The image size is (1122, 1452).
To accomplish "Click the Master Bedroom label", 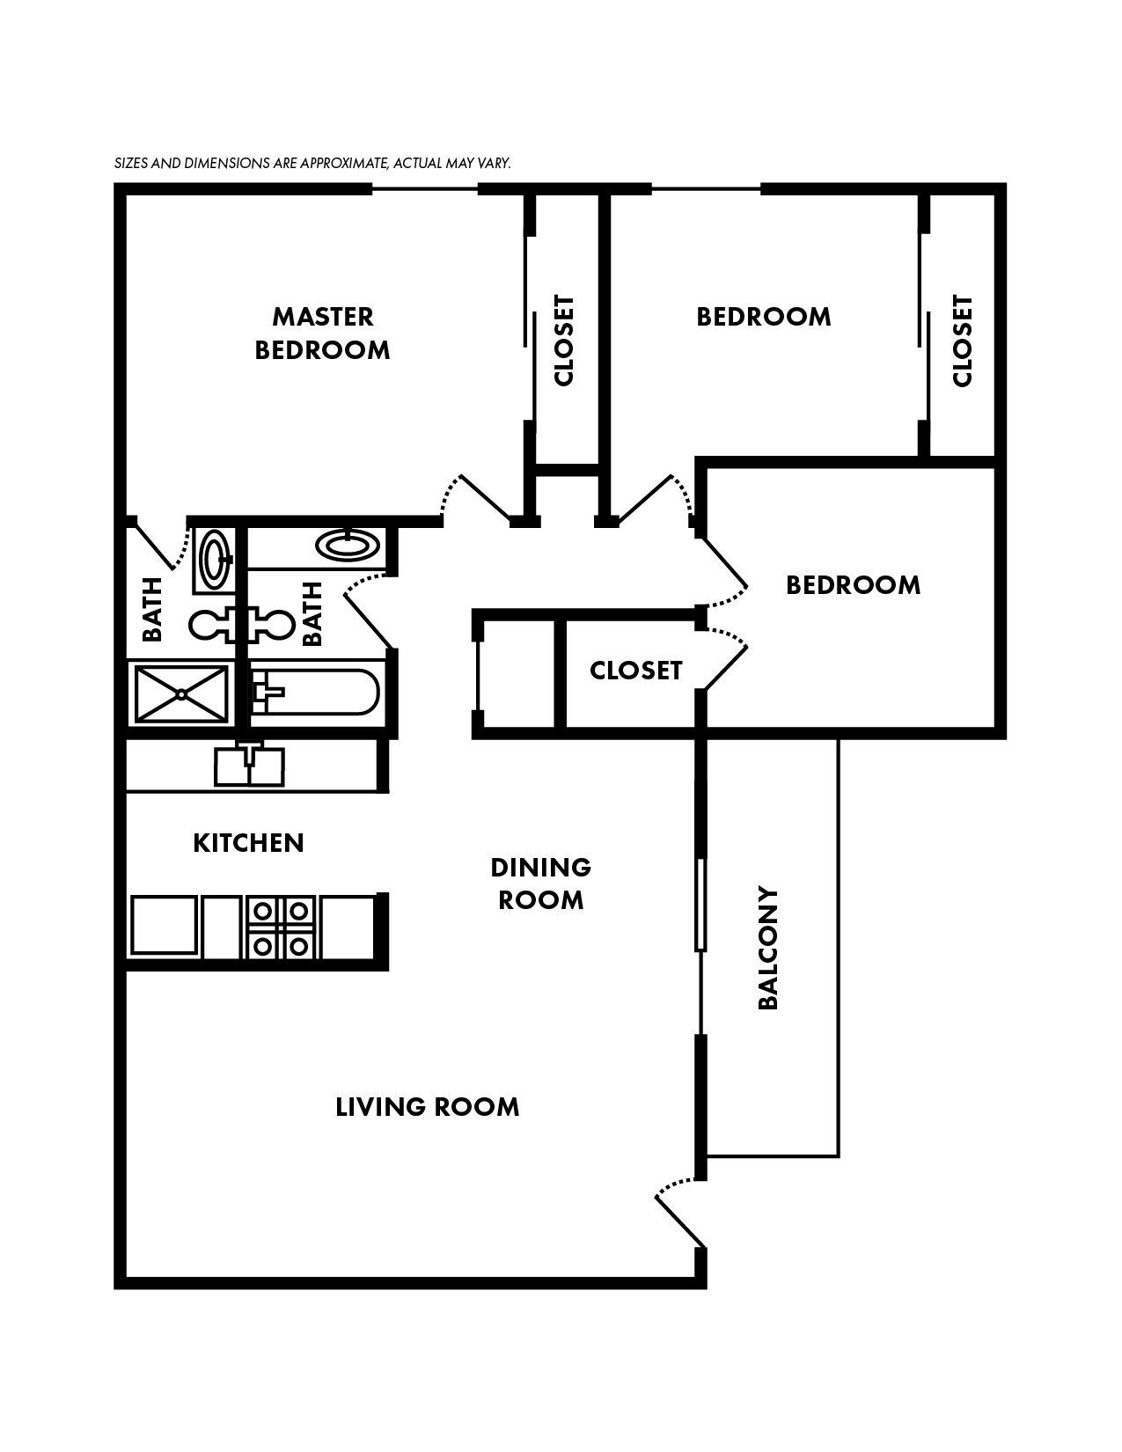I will [x=322, y=333].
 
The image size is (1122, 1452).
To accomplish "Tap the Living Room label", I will [x=428, y=1106].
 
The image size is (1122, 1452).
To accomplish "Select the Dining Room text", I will [x=540, y=884].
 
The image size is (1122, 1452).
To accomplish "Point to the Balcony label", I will [x=768, y=948].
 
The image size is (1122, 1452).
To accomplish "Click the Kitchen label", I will [x=248, y=843].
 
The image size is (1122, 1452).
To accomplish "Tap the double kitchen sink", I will [x=250, y=765].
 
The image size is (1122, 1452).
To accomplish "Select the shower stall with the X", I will [x=181, y=694].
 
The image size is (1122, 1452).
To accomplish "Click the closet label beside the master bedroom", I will [x=564, y=340].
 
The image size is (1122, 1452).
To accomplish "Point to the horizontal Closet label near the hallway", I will [x=635, y=671].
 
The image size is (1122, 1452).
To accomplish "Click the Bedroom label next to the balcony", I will [x=853, y=585].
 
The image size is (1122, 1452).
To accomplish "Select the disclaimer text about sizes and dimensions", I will [x=312, y=164].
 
